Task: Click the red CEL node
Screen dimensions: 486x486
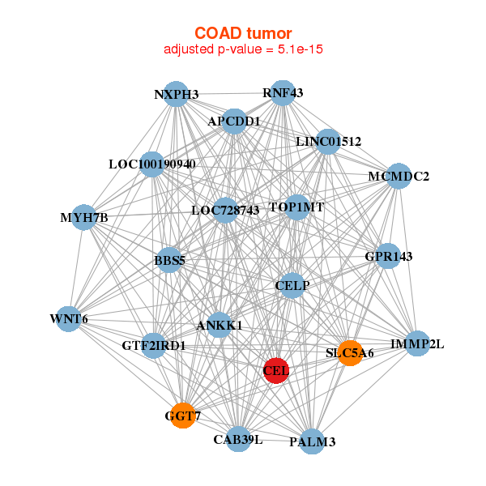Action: click(276, 370)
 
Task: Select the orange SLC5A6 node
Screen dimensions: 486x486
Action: click(350, 353)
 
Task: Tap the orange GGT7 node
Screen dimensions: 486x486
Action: click(183, 416)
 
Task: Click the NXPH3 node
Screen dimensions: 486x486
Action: click(176, 94)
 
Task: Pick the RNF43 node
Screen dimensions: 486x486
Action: click(283, 93)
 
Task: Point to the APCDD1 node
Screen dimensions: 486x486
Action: click(234, 122)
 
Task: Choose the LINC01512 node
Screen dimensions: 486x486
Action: click(328, 142)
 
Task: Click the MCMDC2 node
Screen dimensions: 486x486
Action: click(399, 176)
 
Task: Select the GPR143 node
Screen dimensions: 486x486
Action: click(388, 256)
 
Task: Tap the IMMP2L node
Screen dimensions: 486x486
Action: click(417, 343)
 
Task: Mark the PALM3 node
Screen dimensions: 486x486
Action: click(313, 441)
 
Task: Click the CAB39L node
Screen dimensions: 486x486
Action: click(238, 439)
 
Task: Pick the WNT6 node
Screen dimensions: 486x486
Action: click(69, 319)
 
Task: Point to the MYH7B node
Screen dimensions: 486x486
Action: click(84, 218)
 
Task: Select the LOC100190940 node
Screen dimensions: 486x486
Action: click(152, 164)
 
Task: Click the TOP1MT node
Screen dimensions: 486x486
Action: click(297, 207)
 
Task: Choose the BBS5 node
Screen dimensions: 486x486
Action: click(169, 260)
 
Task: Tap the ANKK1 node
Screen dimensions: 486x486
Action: click(220, 325)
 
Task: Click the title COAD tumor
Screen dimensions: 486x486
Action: click(243, 33)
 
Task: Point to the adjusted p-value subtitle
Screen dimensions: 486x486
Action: click(243, 49)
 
